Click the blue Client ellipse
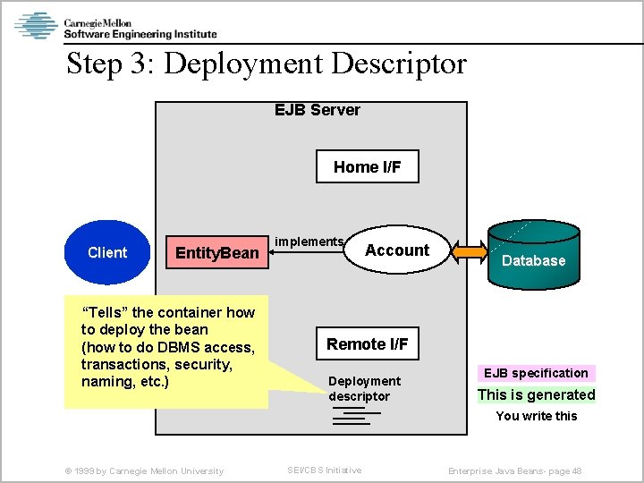(x=107, y=252)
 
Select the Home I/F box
(x=367, y=167)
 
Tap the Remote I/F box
(x=367, y=344)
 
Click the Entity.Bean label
(x=216, y=253)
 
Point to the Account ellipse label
(x=397, y=250)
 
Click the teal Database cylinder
(x=533, y=256)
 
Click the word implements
(x=309, y=241)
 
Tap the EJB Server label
(x=317, y=110)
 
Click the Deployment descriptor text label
(x=364, y=388)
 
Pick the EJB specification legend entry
(x=537, y=373)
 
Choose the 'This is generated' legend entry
(x=536, y=394)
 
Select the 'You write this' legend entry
(x=537, y=416)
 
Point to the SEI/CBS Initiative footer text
(x=324, y=470)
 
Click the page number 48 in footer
(x=576, y=470)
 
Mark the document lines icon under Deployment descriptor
(x=354, y=416)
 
